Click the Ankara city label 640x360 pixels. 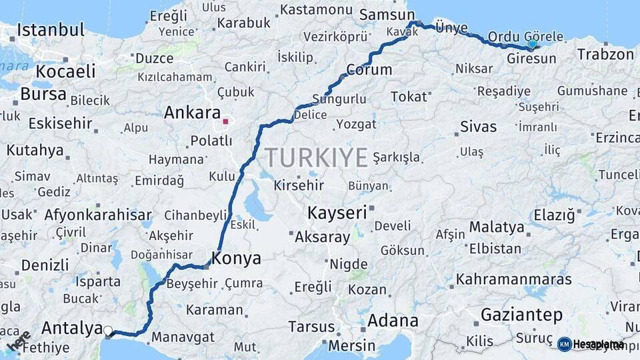click(x=192, y=112)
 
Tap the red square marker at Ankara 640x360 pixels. click(x=226, y=121)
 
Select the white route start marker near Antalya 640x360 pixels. click(x=108, y=330)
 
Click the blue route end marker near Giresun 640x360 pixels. click(x=532, y=44)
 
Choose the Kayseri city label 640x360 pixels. click(x=337, y=213)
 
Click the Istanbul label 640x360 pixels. click(x=51, y=30)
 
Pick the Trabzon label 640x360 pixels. click(x=605, y=54)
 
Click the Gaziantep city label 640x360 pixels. click(x=521, y=315)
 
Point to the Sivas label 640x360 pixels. click(x=478, y=126)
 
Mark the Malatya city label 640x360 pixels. click(x=497, y=227)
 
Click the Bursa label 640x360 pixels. click(x=43, y=94)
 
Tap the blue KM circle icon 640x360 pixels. click(x=564, y=344)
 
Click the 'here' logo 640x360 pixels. click(x=18, y=341)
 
